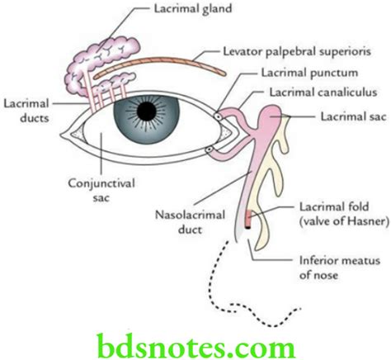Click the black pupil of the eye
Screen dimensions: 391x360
click(147, 111)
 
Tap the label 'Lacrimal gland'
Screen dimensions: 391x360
click(193, 9)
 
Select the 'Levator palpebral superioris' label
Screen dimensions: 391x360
click(297, 52)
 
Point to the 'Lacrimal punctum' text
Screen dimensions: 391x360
click(309, 73)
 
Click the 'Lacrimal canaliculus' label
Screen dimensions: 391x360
click(323, 92)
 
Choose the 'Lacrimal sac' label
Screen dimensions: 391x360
click(353, 116)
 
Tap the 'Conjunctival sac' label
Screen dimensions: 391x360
click(101, 191)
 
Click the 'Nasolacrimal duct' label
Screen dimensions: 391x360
click(190, 222)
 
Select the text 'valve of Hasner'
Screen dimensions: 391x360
click(344, 221)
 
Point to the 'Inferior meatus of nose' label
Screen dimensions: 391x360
click(340, 268)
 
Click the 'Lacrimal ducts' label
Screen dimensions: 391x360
click(26, 111)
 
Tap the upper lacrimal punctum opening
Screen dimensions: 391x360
click(219, 116)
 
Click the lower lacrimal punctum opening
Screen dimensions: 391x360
click(210, 150)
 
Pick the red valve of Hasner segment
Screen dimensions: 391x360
click(248, 217)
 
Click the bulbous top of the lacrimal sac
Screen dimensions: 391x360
click(271, 116)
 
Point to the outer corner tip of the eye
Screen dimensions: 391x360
click(60, 135)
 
